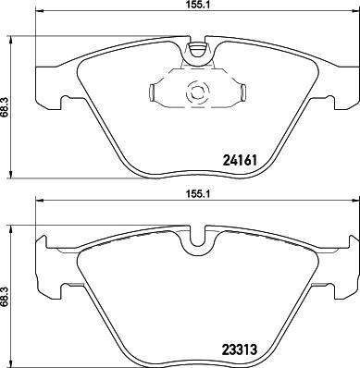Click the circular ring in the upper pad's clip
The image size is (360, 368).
pyautogui.click(x=195, y=92)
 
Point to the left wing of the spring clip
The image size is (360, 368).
pyautogui.click(x=155, y=92)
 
